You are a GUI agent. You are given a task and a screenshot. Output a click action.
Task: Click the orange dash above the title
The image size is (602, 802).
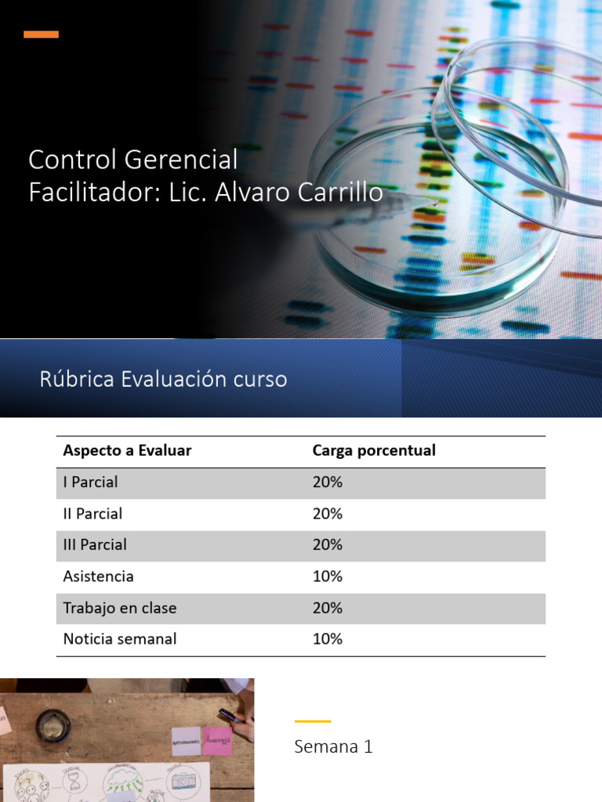[41, 34]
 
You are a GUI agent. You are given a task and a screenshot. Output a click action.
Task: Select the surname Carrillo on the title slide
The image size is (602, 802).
[338, 192]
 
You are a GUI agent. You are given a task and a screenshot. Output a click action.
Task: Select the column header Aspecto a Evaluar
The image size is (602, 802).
[127, 451]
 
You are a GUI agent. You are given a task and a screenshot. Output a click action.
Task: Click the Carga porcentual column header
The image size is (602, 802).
[374, 451]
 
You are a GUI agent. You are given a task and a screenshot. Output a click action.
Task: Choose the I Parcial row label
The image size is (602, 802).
[90, 482]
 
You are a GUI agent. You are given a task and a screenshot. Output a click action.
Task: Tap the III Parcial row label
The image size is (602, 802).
[95, 544]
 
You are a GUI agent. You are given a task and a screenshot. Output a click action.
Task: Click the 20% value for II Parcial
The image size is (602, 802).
[327, 514]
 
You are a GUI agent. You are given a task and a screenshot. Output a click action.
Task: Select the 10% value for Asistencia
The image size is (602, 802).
[327, 576]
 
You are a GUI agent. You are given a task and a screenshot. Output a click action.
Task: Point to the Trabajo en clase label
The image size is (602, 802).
[120, 608]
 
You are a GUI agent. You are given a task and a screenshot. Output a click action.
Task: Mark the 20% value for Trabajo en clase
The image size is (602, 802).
[327, 608]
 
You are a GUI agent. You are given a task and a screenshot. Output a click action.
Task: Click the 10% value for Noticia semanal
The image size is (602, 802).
[327, 639]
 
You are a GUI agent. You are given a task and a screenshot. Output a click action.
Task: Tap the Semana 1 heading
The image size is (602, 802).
[333, 747]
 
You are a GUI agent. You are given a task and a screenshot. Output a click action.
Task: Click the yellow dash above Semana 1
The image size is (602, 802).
[312, 721]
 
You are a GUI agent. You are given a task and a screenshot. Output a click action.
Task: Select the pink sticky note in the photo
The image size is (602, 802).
[217, 740]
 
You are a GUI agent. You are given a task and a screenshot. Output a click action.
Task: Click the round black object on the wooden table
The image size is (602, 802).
[53, 724]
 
